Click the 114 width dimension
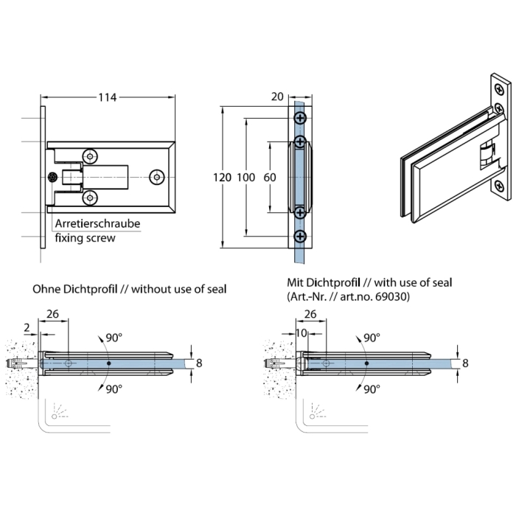tap(108, 97)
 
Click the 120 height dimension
tap(222, 178)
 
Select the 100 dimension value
tap(245, 178)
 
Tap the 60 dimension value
tap(269, 178)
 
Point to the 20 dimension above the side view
tap(278, 97)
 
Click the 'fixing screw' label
tap(86, 238)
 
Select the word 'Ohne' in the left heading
tap(46, 289)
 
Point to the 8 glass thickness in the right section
tap(464, 363)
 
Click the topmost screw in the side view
tap(299, 118)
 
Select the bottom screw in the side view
tap(299, 236)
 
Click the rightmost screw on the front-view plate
tap(156, 177)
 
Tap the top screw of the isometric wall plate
tap(501, 90)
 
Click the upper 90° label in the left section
tap(114, 338)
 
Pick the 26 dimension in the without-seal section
tap(53, 313)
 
